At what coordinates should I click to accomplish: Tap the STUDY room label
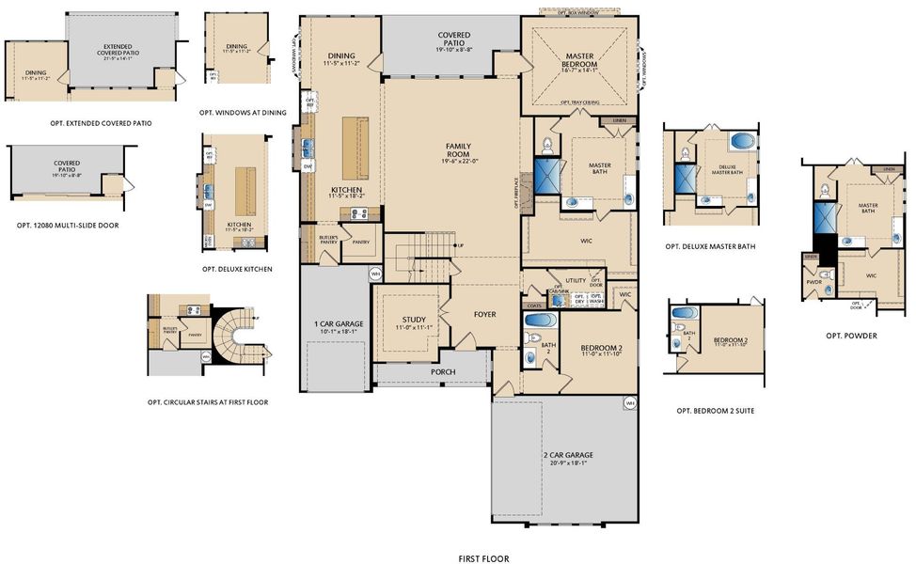414,320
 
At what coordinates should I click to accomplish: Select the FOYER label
484,314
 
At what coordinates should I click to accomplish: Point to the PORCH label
443,372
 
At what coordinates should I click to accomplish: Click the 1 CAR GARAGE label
339,324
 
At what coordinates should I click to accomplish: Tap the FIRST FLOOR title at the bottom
483,558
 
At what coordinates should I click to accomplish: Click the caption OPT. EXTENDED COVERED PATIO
101,123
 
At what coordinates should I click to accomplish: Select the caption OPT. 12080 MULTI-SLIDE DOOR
69,226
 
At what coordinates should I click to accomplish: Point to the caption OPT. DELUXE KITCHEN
237,269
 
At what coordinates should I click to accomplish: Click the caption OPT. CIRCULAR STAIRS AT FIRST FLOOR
208,402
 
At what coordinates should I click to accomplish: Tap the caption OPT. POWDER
851,336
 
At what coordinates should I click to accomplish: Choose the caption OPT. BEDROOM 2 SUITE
715,411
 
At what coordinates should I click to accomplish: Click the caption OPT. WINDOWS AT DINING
243,113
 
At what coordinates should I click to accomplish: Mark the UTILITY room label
576,280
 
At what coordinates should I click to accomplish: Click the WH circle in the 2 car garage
627,403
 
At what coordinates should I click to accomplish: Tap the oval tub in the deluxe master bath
742,143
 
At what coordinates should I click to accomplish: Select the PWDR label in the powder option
813,280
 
